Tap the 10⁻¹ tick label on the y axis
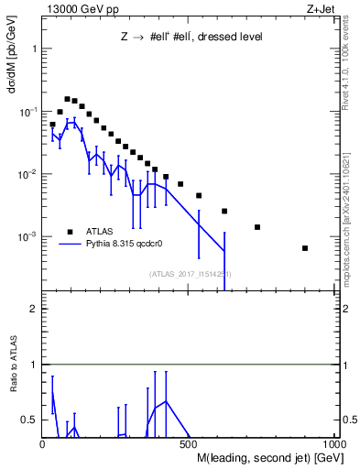click(x=27, y=112)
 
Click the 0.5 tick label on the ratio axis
click(x=29, y=420)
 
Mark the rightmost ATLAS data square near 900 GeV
click(x=305, y=248)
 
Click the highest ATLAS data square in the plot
click(x=67, y=99)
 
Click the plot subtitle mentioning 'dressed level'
click(x=192, y=38)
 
